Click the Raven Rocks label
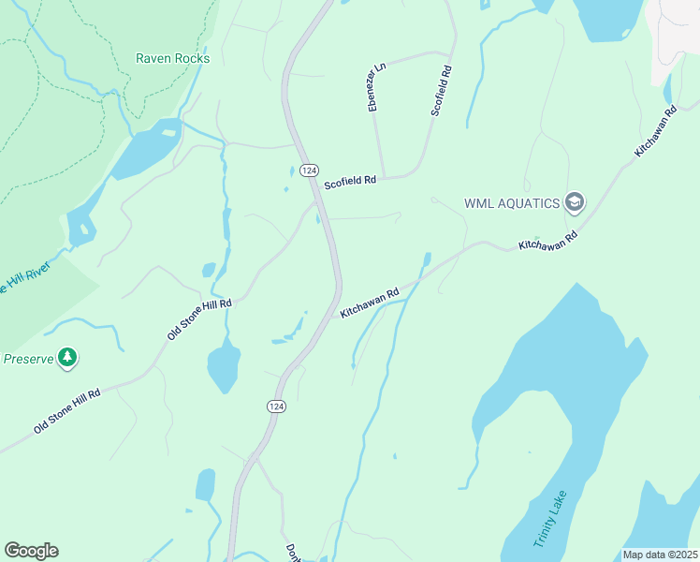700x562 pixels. pyautogui.click(x=172, y=58)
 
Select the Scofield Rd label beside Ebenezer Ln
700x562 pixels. pyautogui.click(x=442, y=90)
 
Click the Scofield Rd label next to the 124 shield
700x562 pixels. pyautogui.click(x=350, y=183)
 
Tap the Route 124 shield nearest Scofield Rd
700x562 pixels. pyautogui.click(x=309, y=170)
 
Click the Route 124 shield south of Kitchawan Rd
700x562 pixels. pyautogui.click(x=275, y=406)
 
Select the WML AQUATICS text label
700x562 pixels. pyautogui.click(x=512, y=202)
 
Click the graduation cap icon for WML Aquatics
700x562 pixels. pyautogui.click(x=576, y=202)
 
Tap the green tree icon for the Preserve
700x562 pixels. pyautogui.click(x=66, y=357)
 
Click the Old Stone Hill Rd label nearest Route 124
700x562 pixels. pyautogui.click(x=198, y=319)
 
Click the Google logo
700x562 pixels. pyautogui.click(x=31, y=551)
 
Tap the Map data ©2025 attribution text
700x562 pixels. pyautogui.click(x=659, y=555)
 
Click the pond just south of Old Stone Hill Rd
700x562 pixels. pyautogui.click(x=223, y=367)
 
